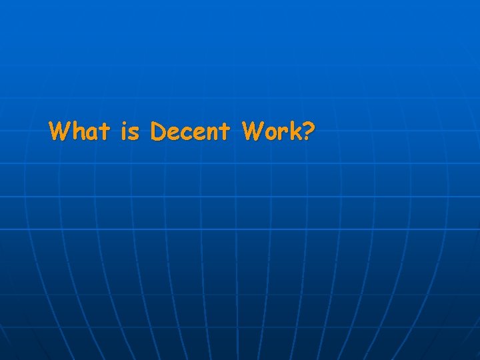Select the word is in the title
point(130,131)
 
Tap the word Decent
point(191,131)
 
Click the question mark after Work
point(308,131)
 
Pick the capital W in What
point(60,131)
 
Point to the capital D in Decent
point(158,131)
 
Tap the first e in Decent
point(173,133)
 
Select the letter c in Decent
point(186,133)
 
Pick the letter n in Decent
point(213,133)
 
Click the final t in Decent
point(226,131)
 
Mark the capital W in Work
point(253,131)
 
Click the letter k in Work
point(294,131)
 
